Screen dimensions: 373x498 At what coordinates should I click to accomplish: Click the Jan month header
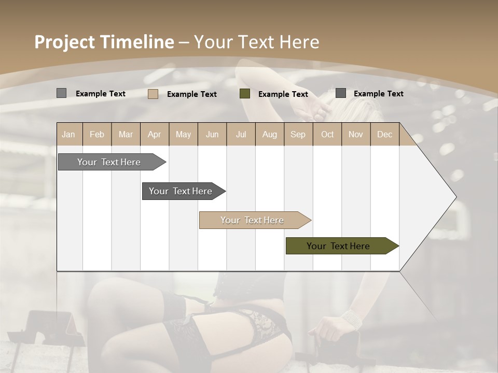68,135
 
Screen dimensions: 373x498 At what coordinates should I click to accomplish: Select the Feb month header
97,135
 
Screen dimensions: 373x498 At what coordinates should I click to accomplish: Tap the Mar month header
126,135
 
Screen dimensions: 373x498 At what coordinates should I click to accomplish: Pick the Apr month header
154,135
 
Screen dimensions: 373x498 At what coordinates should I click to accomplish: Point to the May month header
183,135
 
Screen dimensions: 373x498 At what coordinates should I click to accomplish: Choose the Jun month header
212,135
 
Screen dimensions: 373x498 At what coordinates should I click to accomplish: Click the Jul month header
241,135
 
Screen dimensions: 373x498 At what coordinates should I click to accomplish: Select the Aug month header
269,135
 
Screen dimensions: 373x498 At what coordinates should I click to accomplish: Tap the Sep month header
298,135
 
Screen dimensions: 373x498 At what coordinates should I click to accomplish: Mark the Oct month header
327,135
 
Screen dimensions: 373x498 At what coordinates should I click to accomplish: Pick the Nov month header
356,135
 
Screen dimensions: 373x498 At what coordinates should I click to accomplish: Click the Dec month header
384,135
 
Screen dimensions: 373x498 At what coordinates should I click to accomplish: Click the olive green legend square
245,94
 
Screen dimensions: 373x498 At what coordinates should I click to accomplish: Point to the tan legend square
153,94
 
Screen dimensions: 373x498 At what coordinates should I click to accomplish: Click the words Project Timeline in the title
104,42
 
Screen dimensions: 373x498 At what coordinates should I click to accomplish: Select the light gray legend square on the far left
61,93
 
